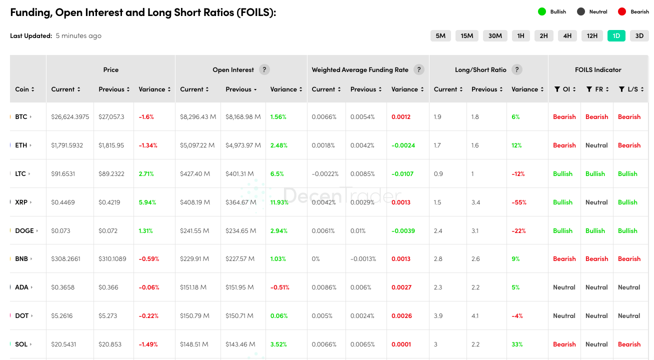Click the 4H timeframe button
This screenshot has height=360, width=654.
point(567,35)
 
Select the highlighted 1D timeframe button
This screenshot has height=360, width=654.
point(616,35)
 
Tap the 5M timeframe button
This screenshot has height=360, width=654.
point(440,35)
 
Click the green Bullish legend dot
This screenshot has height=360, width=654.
point(541,11)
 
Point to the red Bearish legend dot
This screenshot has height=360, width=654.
point(622,11)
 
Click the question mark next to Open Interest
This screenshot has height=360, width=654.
point(264,69)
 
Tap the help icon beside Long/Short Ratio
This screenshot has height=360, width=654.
point(517,69)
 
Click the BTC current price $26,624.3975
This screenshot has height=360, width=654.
point(70,116)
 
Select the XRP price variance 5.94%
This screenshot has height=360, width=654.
point(147,202)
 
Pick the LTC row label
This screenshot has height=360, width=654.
point(21,173)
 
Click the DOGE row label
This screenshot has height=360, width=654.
point(24,230)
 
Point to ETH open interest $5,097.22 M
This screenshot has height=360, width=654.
point(197,145)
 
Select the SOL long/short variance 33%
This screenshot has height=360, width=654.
point(517,344)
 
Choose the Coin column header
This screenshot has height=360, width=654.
point(24,89)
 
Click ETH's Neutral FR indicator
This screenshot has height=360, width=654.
point(596,145)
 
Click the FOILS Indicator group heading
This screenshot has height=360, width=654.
point(598,69)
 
